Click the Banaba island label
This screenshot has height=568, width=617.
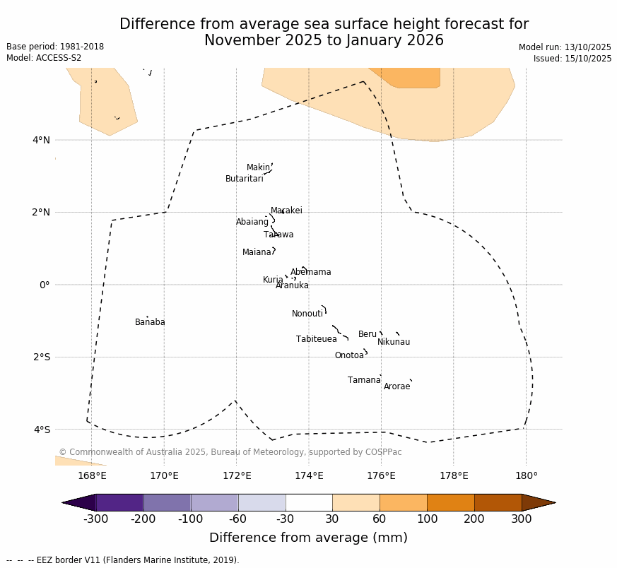pyautogui.click(x=150, y=322)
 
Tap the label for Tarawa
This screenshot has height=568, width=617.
pyautogui.click(x=278, y=235)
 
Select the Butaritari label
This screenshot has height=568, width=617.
pyautogui.click(x=244, y=179)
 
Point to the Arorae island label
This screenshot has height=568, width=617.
pyautogui.click(x=396, y=386)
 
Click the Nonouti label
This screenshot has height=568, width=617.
pyautogui.click(x=307, y=314)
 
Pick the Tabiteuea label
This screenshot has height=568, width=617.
pyautogui.click(x=316, y=339)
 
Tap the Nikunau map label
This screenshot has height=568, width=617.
pyautogui.click(x=393, y=342)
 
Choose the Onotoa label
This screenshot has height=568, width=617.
pyautogui.click(x=349, y=355)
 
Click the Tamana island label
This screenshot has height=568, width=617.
pyautogui.click(x=364, y=380)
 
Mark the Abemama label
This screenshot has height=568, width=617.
pyautogui.click(x=310, y=272)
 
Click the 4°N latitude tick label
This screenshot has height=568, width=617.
pyautogui.click(x=42, y=140)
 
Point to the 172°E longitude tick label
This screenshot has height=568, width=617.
pyautogui.click(x=237, y=475)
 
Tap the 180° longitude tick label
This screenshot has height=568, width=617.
pyautogui.click(x=526, y=475)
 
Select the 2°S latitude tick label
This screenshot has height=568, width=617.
pyautogui.click(x=42, y=357)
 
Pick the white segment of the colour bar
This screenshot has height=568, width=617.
pyautogui.click(x=309, y=502)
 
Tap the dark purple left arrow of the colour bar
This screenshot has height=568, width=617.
pyautogui.click(x=78, y=502)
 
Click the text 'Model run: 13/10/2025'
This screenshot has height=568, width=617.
pyautogui.click(x=565, y=47)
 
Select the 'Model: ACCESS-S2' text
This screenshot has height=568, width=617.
pyautogui.click(x=44, y=58)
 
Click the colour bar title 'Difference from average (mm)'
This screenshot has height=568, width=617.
pyautogui.click(x=308, y=538)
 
